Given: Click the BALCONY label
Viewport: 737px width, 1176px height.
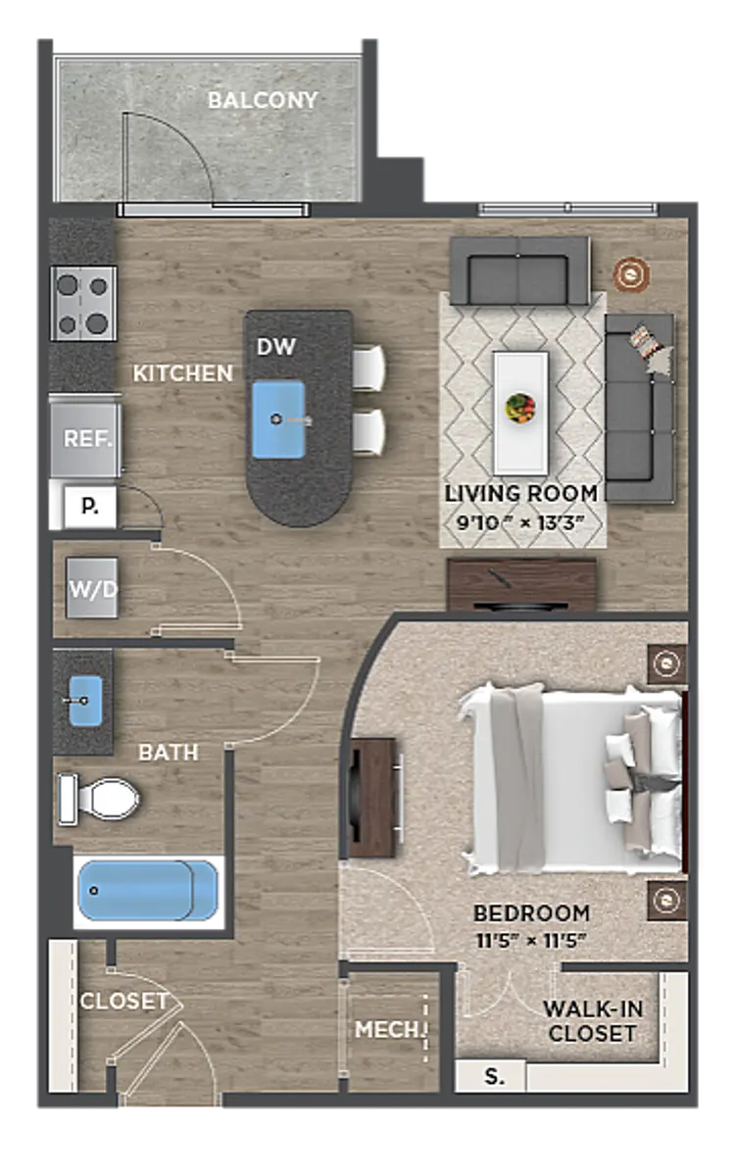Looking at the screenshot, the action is [x=263, y=100].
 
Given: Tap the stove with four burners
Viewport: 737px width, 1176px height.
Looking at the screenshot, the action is [x=84, y=304].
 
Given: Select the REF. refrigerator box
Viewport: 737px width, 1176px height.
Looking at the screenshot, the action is [x=85, y=437].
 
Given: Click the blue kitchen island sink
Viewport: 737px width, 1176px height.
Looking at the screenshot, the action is [x=278, y=419].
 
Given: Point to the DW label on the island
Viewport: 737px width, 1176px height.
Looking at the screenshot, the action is [x=276, y=347].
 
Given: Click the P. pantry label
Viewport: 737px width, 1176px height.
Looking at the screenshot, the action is [x=90, y=507].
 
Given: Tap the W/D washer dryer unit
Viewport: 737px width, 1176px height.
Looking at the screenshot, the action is [x=92, y=588].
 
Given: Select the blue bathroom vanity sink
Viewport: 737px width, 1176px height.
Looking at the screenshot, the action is [x=85, y=702].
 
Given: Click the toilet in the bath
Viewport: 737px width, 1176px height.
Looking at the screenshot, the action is [x=99, y=799].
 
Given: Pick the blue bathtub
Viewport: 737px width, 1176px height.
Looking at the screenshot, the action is [x=148, y=891].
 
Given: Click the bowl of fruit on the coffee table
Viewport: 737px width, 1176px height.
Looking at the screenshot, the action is [x=519, y=408].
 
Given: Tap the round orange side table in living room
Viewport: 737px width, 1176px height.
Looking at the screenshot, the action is [x=631, y=274].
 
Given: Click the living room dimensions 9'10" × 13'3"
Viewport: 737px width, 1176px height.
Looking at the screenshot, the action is [x=520, y=523].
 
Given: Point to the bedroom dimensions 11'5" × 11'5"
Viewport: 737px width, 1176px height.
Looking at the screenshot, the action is [x=531, y=940].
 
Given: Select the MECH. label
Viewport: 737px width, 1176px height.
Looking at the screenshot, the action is [x=388, y=1030].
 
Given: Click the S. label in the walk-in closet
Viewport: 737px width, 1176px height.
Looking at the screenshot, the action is [x=495, y=1077].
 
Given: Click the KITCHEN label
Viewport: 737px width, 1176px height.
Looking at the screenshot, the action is [x=182, y=373].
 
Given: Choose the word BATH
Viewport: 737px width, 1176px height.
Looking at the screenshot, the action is [x=168, y=753].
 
